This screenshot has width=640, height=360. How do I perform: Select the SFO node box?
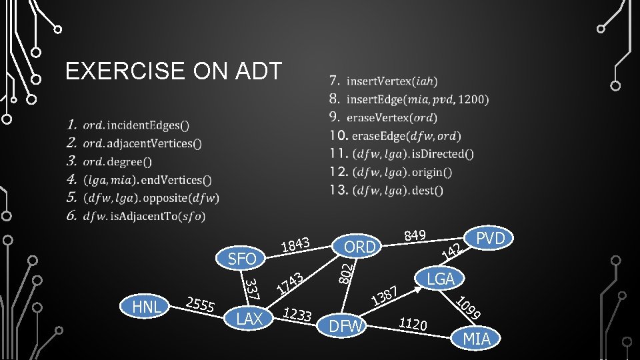click(x=242, y=257)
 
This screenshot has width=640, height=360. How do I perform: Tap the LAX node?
click(x=249, y=319)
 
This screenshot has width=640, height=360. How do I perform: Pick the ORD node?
click(x=359, y=247)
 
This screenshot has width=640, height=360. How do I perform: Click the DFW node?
click(x=347, y=326)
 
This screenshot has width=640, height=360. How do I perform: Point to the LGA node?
click(x=441, y=278)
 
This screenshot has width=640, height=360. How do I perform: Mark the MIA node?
click(x=477, y=339)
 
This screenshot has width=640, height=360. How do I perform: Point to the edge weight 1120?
click(x=413, y=324)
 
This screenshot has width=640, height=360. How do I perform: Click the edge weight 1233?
click(x=297, y=315)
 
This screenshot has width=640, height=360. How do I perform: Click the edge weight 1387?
click(x=385, y=295)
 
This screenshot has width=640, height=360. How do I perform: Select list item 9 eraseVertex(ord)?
click(x=383, y=117)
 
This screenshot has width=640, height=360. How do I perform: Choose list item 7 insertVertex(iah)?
click(x=383, y=81)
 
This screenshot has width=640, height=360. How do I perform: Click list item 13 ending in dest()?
click(x=387, y=190)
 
